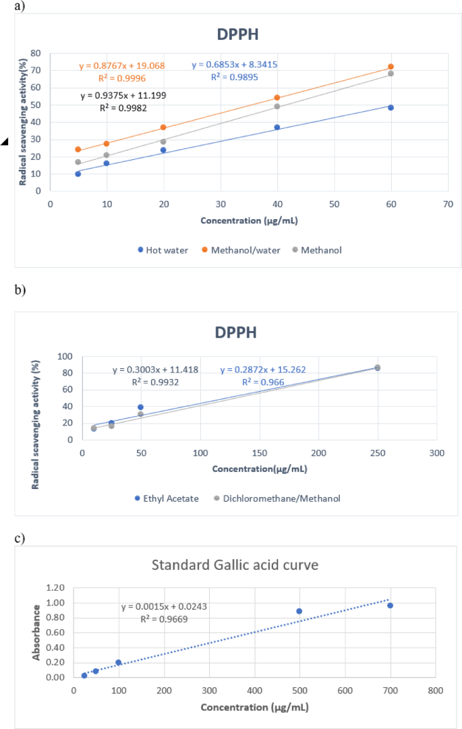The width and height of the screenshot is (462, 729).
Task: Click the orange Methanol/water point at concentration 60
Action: (x=391, y=67)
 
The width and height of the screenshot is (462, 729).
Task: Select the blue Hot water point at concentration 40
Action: (x=277, y=127)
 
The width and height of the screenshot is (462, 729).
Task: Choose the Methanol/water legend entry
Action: (x=243, y=250)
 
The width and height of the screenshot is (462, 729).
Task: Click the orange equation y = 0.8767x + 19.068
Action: (x=122, y=66)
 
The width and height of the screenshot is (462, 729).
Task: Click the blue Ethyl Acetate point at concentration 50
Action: (x=140, y=407)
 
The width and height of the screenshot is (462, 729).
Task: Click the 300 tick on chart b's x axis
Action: (x=436, y=451)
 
